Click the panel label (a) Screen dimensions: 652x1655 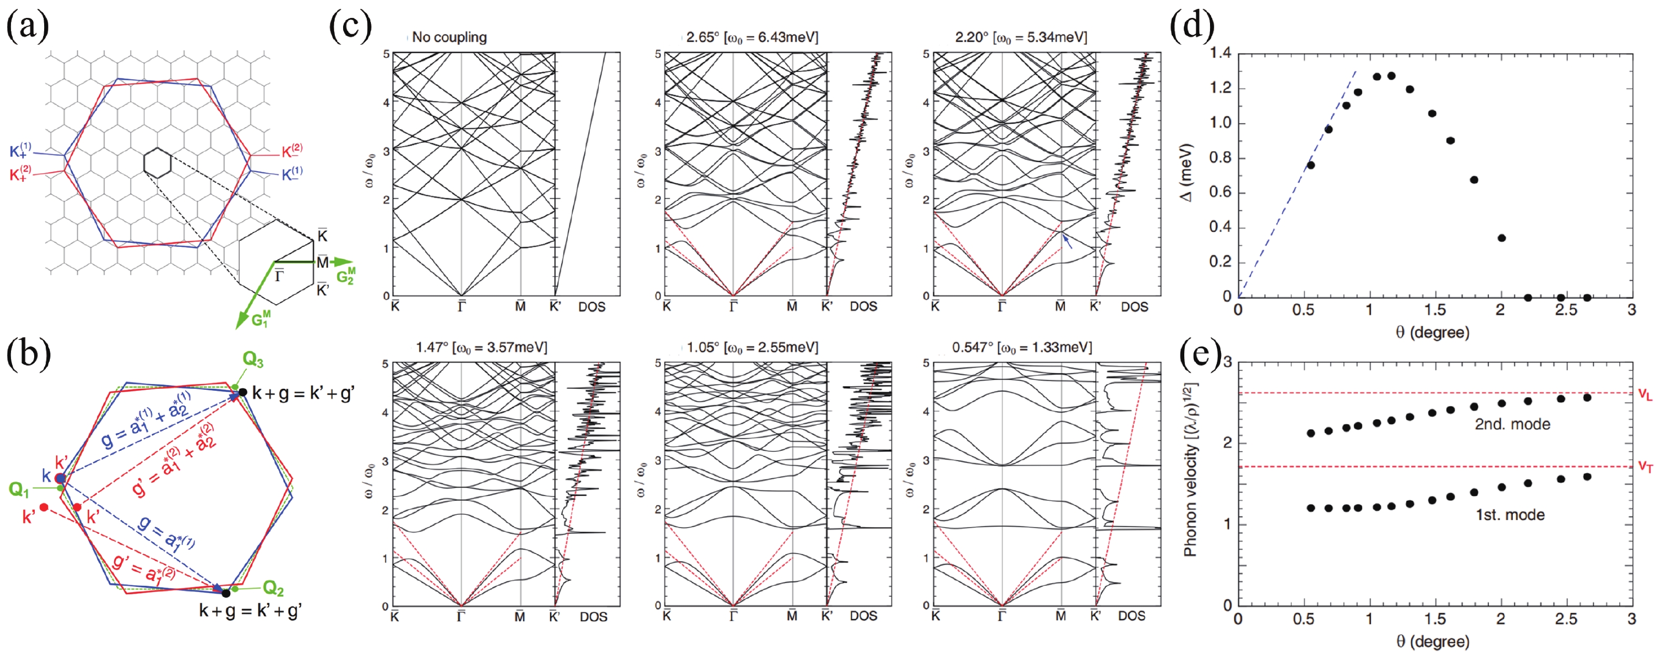(x=27, y=26)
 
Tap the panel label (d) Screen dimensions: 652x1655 (x=1192, y=26)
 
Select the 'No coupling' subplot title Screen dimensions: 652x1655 (x=449, y=37)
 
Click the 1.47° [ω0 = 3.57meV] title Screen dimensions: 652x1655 (x=481, y=347)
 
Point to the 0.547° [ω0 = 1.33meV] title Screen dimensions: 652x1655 (x=1021, y=347)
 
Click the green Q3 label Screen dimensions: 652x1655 (x=253, y=360)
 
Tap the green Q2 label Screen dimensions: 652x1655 (x=273, y=587)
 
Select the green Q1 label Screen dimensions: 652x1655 (x=18, y=490)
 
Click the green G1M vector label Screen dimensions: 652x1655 (x=261, y=318)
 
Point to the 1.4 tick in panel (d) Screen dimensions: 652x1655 (x=1220, y=53)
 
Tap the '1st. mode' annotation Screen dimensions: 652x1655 (x=1510, y=514)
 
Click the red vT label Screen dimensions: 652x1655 (x=1644, y=467)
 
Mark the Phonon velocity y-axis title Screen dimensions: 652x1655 (x=1190, y=469)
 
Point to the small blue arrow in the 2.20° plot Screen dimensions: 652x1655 (x=1067, y=242)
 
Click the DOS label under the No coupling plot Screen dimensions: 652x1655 (x=591, y=307)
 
